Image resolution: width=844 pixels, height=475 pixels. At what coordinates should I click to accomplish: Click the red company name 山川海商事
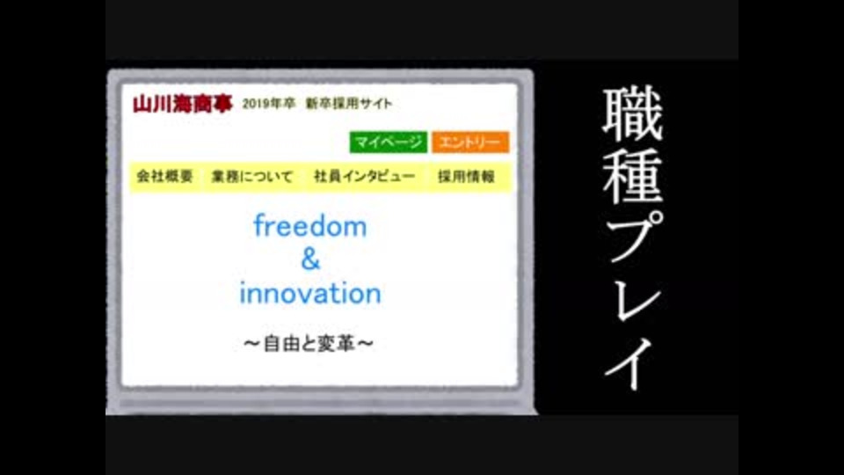(183, 104)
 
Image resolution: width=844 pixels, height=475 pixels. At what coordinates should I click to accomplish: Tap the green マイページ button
(388, 142)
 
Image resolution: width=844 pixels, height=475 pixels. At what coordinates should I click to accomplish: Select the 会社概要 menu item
(164, 176)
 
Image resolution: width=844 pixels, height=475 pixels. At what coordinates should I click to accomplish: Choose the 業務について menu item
(252, 176)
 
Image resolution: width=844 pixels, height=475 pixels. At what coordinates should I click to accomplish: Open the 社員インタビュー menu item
(364, 176)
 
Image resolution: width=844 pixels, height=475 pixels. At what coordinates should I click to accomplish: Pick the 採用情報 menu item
(466, 176)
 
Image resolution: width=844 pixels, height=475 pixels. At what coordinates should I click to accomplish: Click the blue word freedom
(310, 226)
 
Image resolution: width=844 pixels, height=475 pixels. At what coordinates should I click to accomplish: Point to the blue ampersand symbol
(310, 259)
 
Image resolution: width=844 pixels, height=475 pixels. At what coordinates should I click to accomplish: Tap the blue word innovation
(310, 294)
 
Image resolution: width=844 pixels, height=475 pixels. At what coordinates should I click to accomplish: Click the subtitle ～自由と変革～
(309, 344)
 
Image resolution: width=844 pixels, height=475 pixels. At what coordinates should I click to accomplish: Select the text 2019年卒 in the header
(269, 104)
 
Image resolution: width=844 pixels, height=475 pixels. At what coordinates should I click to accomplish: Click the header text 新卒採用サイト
(349, 104)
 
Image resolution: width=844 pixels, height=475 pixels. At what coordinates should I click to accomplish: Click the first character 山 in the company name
(142, 104)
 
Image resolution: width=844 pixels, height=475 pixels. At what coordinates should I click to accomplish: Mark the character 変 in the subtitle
(327, 344)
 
